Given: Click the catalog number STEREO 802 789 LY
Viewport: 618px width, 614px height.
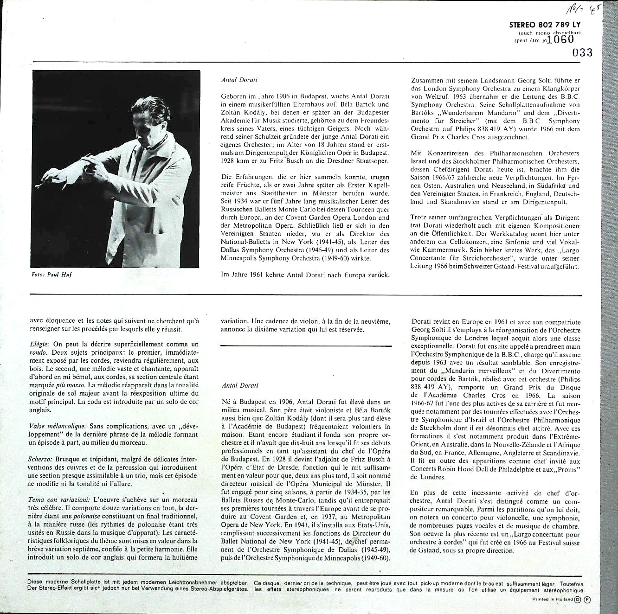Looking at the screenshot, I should (544, 26).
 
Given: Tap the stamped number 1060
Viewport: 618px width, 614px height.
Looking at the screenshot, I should (560, 40).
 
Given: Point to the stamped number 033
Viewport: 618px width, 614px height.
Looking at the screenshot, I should (583, 52).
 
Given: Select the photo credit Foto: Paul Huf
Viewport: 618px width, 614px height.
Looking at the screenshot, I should (51, 275).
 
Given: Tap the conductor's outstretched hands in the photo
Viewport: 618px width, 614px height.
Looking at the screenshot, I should (93, 167).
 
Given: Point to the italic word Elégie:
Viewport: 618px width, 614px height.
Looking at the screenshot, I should (39, 344).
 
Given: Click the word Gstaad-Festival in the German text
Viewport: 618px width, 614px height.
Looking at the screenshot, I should (512, 267).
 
